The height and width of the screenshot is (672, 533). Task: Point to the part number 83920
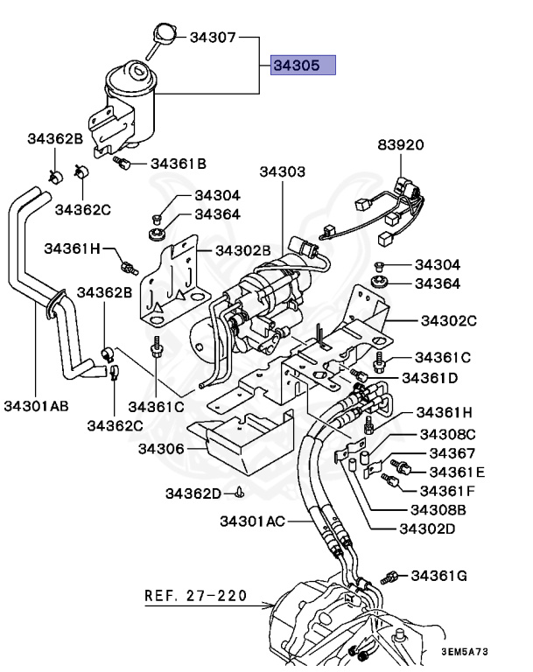(x=401, y=145)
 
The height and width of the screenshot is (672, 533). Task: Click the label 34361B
(x=179, y=163)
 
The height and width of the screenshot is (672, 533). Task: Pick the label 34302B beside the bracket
(x=246, y=250)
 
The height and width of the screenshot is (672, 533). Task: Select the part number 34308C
(x=446, y=434)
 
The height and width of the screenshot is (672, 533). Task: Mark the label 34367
(x=452, y=453)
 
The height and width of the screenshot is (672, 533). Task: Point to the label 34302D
(x=428, y=528)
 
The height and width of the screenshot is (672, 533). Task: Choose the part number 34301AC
(x=252, y=521)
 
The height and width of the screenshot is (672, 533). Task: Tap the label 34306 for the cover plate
(x=160, y=449)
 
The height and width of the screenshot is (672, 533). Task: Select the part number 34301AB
(x=36, y=406)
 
